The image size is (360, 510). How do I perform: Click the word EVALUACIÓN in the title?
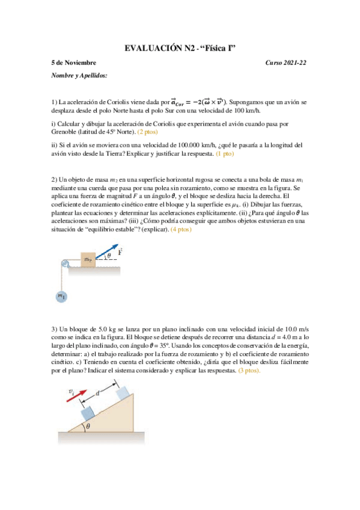click(x=152, y=48)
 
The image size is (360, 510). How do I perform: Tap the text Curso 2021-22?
click(x=286, y=63)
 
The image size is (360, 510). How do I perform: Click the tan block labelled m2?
click(x=88, y=259)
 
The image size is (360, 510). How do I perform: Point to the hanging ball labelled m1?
click(x=61, y=296)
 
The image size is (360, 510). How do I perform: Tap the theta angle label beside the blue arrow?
click(x=109, y=255)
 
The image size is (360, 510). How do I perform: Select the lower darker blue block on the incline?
click(x=89, y=413)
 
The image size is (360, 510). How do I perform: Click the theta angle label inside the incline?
click(x=88, y=426)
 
